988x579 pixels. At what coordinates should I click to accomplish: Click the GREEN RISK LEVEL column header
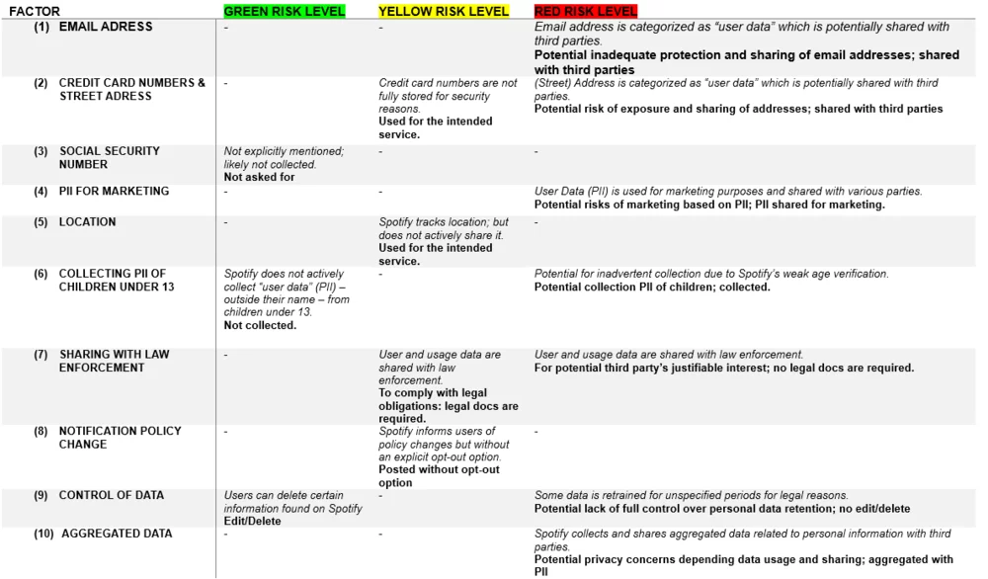[x=285, y=12]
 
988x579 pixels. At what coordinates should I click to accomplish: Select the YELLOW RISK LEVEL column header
[x=444, y=12]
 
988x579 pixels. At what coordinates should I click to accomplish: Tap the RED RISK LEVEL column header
[x=586, y=12]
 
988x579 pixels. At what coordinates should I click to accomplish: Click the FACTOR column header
[x=35, y=12]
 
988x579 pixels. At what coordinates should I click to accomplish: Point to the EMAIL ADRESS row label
[x=106, y=27]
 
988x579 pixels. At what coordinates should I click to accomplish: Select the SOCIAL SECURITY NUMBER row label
[x=109, y=158]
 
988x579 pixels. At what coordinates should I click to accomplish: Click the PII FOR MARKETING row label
[x=114, y=192]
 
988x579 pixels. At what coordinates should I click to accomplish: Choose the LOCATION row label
[x=87, y=222]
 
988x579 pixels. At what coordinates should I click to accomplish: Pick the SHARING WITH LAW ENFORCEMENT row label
[x=114, y=361]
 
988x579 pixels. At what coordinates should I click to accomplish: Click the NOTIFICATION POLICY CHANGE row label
[x=120, y=438]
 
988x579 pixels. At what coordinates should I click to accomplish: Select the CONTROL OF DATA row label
[x=112, y=495]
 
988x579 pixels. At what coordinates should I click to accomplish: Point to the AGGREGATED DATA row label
[x=117, y=534]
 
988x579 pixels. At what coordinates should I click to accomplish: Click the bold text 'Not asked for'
[x=259, y=178]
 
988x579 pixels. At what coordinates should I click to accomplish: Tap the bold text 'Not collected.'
[x=260, y=325]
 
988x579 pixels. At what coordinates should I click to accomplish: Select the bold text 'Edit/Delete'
[x=252, y=521]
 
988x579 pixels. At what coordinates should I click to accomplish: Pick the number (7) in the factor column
[x=41, y=355]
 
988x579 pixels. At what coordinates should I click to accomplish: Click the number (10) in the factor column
[x=42, y=534]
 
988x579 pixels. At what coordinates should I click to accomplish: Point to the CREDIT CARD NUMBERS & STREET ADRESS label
[x=131, y=90]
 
